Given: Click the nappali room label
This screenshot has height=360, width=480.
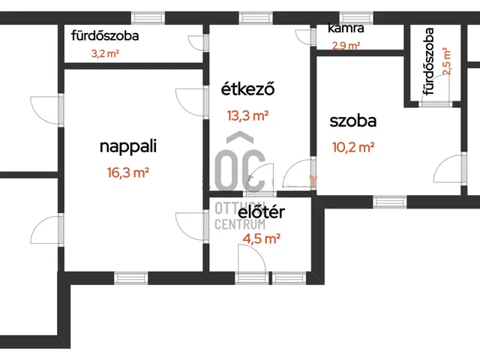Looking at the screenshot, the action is (x=128, y=146).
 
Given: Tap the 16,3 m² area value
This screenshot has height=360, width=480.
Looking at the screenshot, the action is (x=128, y=172).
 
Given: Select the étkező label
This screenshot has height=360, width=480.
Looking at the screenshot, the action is (x=247, y=88).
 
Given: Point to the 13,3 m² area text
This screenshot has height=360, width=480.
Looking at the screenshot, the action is (x=247, y=115).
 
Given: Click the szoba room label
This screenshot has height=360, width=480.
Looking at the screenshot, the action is (x=353, y=121).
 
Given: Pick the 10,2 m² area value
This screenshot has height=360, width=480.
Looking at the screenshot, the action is (x=353, y=147).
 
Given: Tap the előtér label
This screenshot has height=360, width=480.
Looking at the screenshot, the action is (x=261, y=211).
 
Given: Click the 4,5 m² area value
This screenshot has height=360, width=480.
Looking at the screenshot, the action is (x=262, y=238).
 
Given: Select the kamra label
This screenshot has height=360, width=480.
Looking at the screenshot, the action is (x=346, y=28).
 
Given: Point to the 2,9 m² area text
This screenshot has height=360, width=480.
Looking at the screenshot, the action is (x=346, y=46).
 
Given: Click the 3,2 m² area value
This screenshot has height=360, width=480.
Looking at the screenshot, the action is (x=105, y=53).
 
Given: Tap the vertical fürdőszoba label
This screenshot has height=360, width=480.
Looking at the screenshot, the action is (x=428, y=61).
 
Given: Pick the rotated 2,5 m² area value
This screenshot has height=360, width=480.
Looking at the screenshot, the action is (x=446, y=61).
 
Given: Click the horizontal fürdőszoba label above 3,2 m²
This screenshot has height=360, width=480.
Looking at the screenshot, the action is (x=105, y=36).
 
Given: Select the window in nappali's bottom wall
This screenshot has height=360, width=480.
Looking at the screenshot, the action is (x=131, y=278).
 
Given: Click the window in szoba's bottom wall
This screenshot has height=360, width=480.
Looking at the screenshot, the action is (x=390, y=202).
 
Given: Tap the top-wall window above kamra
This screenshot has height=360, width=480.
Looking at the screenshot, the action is (x=356, y=18).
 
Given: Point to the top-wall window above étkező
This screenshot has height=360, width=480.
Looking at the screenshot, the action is (x=256, y=18).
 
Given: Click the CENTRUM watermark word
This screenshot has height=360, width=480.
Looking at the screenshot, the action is (x=240, y=224).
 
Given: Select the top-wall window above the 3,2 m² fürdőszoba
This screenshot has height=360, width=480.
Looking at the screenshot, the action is (x=148, y=18).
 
